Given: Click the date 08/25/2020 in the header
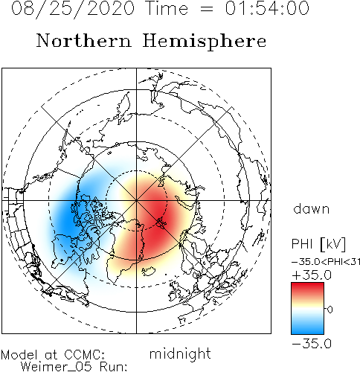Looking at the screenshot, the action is (x=73, y=8).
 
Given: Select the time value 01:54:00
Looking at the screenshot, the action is (x=267, y=8).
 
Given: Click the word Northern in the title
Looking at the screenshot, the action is (x=84, y=40).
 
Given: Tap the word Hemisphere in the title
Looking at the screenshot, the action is (x=205, y=41).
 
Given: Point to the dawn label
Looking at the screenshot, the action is (x=312, y=208).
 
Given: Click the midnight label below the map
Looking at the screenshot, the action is (x=180, y=353).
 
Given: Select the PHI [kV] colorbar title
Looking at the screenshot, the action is (x=318, y=244).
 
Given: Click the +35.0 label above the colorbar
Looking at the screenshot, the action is (x=312, y=275).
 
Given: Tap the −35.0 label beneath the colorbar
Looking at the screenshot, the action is (x=312, y=344).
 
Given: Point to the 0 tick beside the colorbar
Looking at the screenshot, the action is (x=330, y=310).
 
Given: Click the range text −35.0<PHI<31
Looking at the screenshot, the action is (x=326, y=262).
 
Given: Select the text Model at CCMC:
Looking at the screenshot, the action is (x=53, y=355).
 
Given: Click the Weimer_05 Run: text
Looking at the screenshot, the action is (x=74, y=367).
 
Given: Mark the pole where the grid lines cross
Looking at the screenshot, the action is (x=136, y=200).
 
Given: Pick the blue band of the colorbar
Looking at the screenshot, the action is (x=307, y=327).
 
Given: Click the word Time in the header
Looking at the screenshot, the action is (x=167, y=8).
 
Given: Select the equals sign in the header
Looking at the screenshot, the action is (x=206, y=10).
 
